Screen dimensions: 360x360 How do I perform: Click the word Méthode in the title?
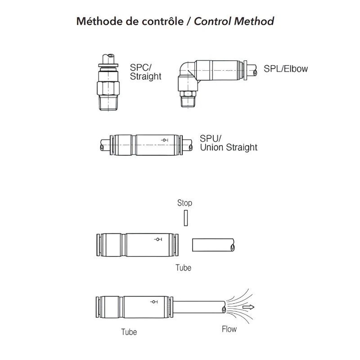(99, 21)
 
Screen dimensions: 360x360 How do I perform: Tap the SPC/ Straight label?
(145, 72)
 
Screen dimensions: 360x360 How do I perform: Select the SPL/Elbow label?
(286, 69)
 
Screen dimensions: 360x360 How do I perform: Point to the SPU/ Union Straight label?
(229, 143)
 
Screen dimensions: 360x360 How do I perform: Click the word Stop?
(184, 203)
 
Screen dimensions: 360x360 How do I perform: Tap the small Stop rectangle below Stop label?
(186, 218)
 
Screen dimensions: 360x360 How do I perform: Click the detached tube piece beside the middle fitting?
(213, 245)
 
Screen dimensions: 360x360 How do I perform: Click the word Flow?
(229, 329)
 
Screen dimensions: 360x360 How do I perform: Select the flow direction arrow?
(248, 307)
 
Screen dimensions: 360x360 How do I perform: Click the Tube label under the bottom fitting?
(129, 332)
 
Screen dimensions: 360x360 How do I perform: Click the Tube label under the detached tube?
(183, 268)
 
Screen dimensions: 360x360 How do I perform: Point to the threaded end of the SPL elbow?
(188, 102)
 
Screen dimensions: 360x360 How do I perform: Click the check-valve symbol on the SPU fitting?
(164, 140)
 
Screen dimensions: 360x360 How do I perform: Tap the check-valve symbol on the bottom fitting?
(154, 301)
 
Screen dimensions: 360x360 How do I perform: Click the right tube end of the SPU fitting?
(188, 145)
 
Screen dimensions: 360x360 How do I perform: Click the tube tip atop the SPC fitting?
(108, 58)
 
